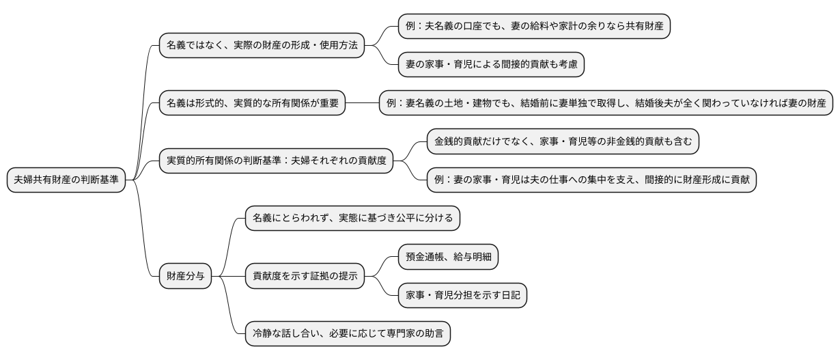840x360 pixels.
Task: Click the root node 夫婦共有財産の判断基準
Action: coord(66,180)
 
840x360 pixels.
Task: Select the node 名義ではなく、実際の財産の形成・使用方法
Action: coord(261,46)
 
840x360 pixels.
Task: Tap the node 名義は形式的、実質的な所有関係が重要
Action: coord(252,104)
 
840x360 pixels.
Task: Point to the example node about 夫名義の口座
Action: coord(533,27)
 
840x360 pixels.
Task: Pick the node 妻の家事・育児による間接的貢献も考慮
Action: coord(491,65)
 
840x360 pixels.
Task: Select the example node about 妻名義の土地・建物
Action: coord(606,104)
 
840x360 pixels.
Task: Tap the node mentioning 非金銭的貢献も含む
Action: coord(563,142)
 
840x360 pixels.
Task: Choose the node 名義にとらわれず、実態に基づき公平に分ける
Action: coord(352,219)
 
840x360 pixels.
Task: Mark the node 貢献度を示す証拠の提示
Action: coord(305,277)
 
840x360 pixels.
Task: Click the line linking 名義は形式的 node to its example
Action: coord(362,104)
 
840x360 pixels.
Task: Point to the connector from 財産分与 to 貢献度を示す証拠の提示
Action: coord(228,277)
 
